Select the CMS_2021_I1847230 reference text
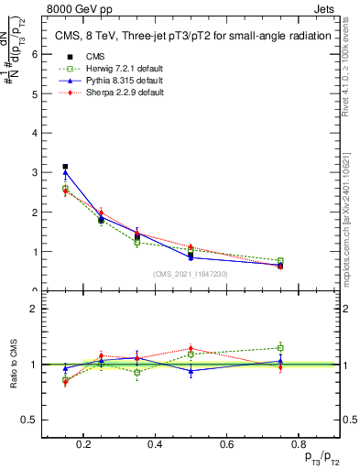191,273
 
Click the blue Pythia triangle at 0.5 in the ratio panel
191,371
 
